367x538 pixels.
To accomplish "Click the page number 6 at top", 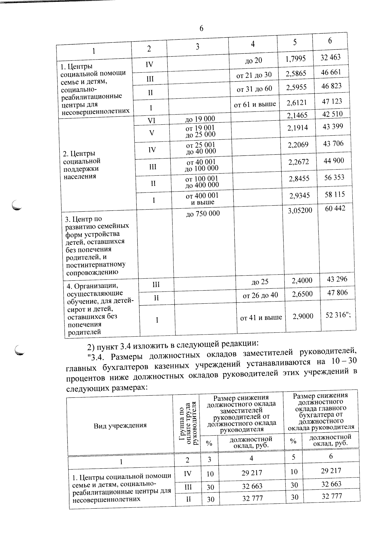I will pyautogui.click(x=201, y=28).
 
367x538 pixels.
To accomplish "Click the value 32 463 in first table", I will pyautogui.click(x=330, y=57).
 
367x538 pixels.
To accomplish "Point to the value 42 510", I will pyautogui.click(x=332, y=114).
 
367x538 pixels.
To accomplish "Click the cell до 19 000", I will pyautogui.click(x=200, y=119).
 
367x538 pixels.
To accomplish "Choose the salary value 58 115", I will pyautogui.click(x=334, y=194).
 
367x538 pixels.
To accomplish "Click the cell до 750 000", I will pyautogui.click(x=203, y=214).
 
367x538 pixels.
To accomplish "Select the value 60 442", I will pyautogui.click(x=335, y=208).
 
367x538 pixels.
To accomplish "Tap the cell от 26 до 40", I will pyautogui.click(x=260, y=295).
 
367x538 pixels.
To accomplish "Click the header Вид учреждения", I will pyautogui.click(x=120, y=425).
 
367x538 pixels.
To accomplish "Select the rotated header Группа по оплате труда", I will pyautogui.click(x=186, y=423).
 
